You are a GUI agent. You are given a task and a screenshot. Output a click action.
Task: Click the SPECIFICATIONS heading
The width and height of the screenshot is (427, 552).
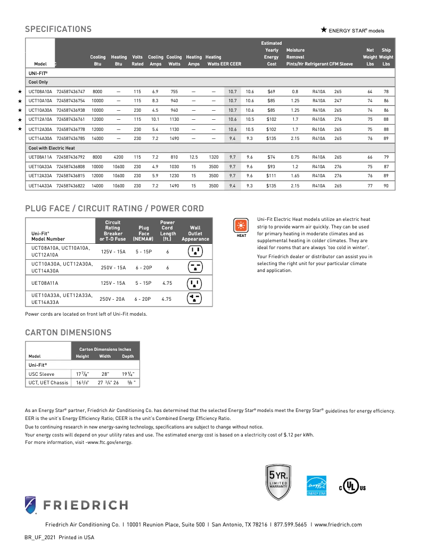tap(58, 29)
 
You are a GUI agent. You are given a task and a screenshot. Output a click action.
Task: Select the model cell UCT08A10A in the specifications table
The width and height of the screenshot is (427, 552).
tap(40, 92)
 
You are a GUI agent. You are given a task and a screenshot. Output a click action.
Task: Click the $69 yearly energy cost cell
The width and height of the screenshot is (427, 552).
tap(271, 92)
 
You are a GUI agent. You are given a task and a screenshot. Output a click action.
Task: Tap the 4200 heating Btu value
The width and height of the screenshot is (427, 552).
tap(118, 157)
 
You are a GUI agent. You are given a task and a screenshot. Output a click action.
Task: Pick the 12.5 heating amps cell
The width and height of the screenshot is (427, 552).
tap(193, 157)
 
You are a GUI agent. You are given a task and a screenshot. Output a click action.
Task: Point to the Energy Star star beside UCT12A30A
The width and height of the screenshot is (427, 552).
tap(20, 129)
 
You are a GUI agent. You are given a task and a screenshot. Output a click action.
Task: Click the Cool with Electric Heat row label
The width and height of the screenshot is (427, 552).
tap(52, 147)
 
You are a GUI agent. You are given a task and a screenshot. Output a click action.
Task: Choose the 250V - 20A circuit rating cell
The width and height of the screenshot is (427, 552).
tap(113, 299)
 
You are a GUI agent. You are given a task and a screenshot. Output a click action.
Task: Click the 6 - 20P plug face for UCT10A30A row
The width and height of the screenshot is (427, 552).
tap(143, 267)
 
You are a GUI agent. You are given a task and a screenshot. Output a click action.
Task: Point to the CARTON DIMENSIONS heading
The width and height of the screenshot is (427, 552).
tap(68, 333)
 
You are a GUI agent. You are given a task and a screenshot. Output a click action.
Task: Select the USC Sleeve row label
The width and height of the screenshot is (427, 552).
tap(42, 374)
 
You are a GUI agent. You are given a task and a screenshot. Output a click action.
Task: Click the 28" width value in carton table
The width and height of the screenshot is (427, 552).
tap(105, 374)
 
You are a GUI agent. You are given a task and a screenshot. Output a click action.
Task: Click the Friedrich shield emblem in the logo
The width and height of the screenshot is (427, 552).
tap(31, 504)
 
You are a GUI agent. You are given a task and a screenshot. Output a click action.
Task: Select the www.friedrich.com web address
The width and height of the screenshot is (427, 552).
tap(338, 524)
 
